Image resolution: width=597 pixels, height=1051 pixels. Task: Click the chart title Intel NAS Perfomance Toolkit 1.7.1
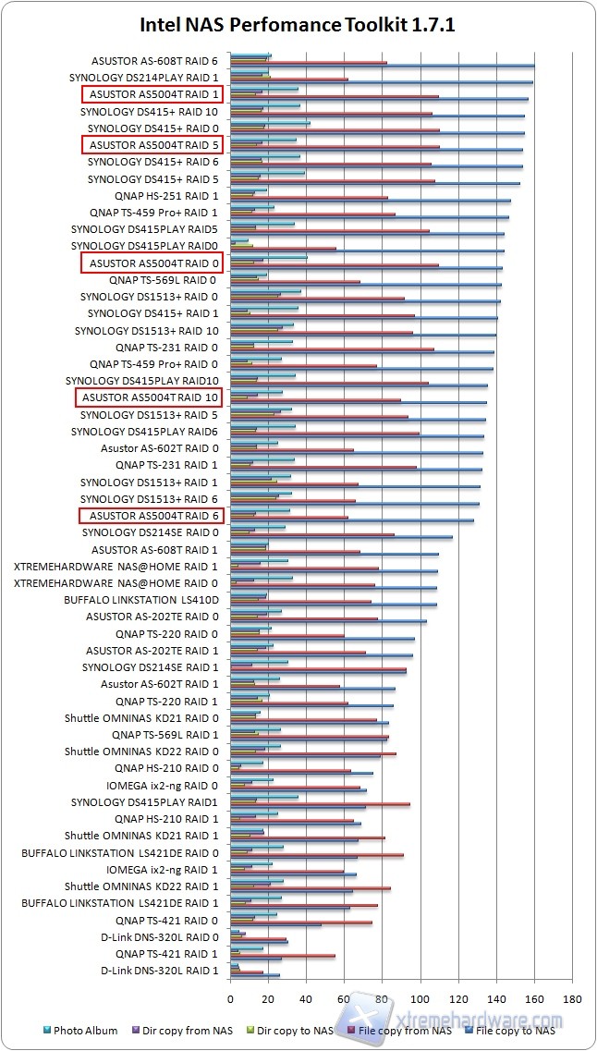click(x=298, y=25)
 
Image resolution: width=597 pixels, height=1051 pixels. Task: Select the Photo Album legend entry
click(x=84, y=1030)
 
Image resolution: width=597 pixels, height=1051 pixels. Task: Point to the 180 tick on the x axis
click(x=572, y=998)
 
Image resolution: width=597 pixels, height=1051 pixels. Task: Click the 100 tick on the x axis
click(x=420, y=998)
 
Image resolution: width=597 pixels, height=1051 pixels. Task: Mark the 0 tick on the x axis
click(x=230, y=998)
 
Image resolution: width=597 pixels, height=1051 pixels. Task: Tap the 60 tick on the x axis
click(x=345, y=998)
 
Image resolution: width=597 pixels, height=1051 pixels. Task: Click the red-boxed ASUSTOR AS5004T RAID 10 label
click(x=150, y=397)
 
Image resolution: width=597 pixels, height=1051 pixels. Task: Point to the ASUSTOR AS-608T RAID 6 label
click(x=155, y=61)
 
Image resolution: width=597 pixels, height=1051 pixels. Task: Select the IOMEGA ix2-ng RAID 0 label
click(x=163, y=785)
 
